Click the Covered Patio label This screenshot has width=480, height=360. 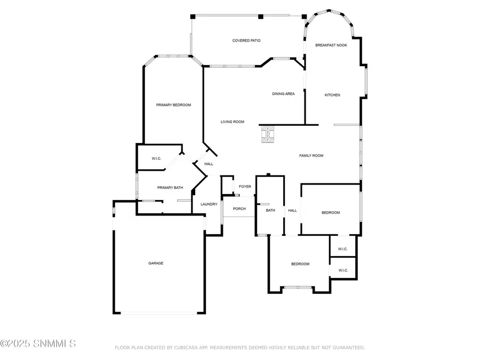coord(246,41)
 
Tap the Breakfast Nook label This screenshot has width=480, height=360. coord(331,45)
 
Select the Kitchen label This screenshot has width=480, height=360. coord(332,95)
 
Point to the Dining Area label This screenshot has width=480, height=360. coord(283,94)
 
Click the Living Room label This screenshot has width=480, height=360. coord(233,122)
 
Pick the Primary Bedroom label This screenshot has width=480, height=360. coord(173,105)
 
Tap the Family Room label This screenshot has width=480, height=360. coord(311,156)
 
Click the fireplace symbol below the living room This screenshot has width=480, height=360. coord(268,134)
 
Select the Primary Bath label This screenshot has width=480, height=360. coord(170,187)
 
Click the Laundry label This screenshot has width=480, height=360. coord(209,204)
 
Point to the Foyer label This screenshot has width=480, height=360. coord(245,187)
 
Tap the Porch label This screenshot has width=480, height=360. coord(239,209)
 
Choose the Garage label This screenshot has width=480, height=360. coord(156,263)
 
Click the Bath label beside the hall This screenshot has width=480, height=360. coord(270,210)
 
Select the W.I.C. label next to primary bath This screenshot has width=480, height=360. coord(156,158)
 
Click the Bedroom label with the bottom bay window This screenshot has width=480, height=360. coord(300,264)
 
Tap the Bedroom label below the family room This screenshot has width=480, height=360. coord(331,212)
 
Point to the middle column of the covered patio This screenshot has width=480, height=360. coord(260,17)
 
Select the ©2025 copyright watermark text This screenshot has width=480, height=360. coord(38,343)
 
